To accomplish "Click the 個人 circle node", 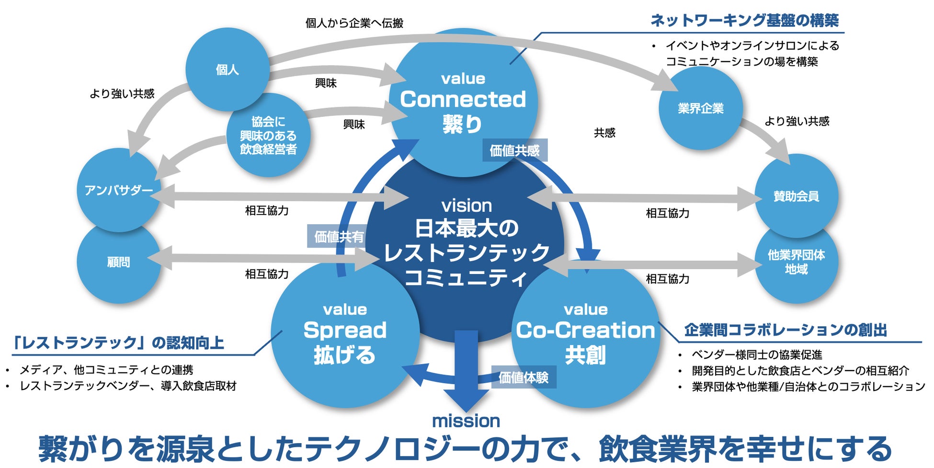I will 227,70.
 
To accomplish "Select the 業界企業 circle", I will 700,109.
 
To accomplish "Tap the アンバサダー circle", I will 119,191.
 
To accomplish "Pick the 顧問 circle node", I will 118,263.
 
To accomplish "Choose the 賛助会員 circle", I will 796,196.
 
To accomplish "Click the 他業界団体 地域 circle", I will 796,262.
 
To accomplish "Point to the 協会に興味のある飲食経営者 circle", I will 268,136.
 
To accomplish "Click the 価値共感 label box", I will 514,150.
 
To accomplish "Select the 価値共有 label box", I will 338,236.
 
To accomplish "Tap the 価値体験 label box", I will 524,377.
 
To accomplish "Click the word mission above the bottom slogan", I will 466,421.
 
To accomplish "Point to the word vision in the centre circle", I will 467,205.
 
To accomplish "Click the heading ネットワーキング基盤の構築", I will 744,21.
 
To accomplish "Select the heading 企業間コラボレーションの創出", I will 786,330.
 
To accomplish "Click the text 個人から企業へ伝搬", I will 354,23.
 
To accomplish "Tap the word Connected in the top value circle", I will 463,100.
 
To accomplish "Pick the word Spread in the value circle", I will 345,331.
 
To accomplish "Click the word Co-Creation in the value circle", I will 585,331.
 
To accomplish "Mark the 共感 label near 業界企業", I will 604,133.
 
